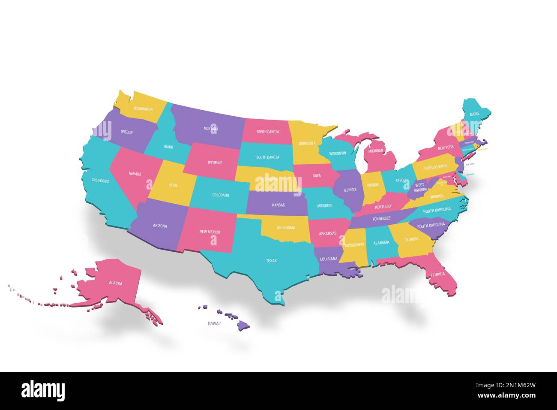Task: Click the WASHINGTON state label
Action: tap(143, 109)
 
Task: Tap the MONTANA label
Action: tap(211, 129)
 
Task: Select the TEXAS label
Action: tap(271, 260)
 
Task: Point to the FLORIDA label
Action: tap(438, 274)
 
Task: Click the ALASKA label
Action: tap(115, 283)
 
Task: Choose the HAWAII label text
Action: tap(214, 323)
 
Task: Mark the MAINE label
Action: tap(474, 115)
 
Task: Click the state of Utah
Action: tap(173, 185)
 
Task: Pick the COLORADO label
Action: tap(221, 195)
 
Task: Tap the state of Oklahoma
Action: tap(286, 228)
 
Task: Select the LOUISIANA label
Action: tap(329, 259)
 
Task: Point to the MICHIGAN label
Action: tap(376, 151)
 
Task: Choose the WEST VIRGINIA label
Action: tap(420, 187)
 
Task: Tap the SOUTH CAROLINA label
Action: tap(431, 225)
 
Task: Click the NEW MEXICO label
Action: tap(210, 232)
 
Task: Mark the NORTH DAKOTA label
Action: tap(268, 132)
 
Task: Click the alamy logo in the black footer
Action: tap(43, 391)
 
